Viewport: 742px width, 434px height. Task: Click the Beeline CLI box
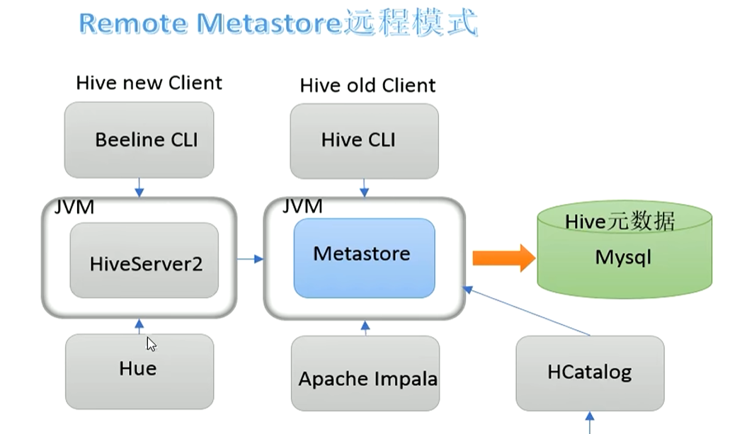(139, 139)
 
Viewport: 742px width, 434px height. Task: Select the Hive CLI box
(364, 139)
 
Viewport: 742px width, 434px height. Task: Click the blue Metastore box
(364, 258)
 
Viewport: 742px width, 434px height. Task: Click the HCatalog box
(589, 373)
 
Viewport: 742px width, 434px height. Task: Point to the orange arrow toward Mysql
(503, 258)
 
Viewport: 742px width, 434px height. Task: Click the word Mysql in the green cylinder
(623, 256)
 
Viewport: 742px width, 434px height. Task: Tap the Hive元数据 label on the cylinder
(620, 222)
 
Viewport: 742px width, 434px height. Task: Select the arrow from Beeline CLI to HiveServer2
(139, 187)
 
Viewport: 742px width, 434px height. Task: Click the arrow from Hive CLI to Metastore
(364, 187)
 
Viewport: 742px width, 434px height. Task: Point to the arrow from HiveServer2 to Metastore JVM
(249, 259)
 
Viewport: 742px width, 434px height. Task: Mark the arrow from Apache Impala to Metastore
(365, 327)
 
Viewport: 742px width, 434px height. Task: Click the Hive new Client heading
(149, 83)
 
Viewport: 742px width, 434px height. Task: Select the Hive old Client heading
(367, 86)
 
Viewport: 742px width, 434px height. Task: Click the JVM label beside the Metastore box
(302, 206)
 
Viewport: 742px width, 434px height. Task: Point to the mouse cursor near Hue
(151, 344)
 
